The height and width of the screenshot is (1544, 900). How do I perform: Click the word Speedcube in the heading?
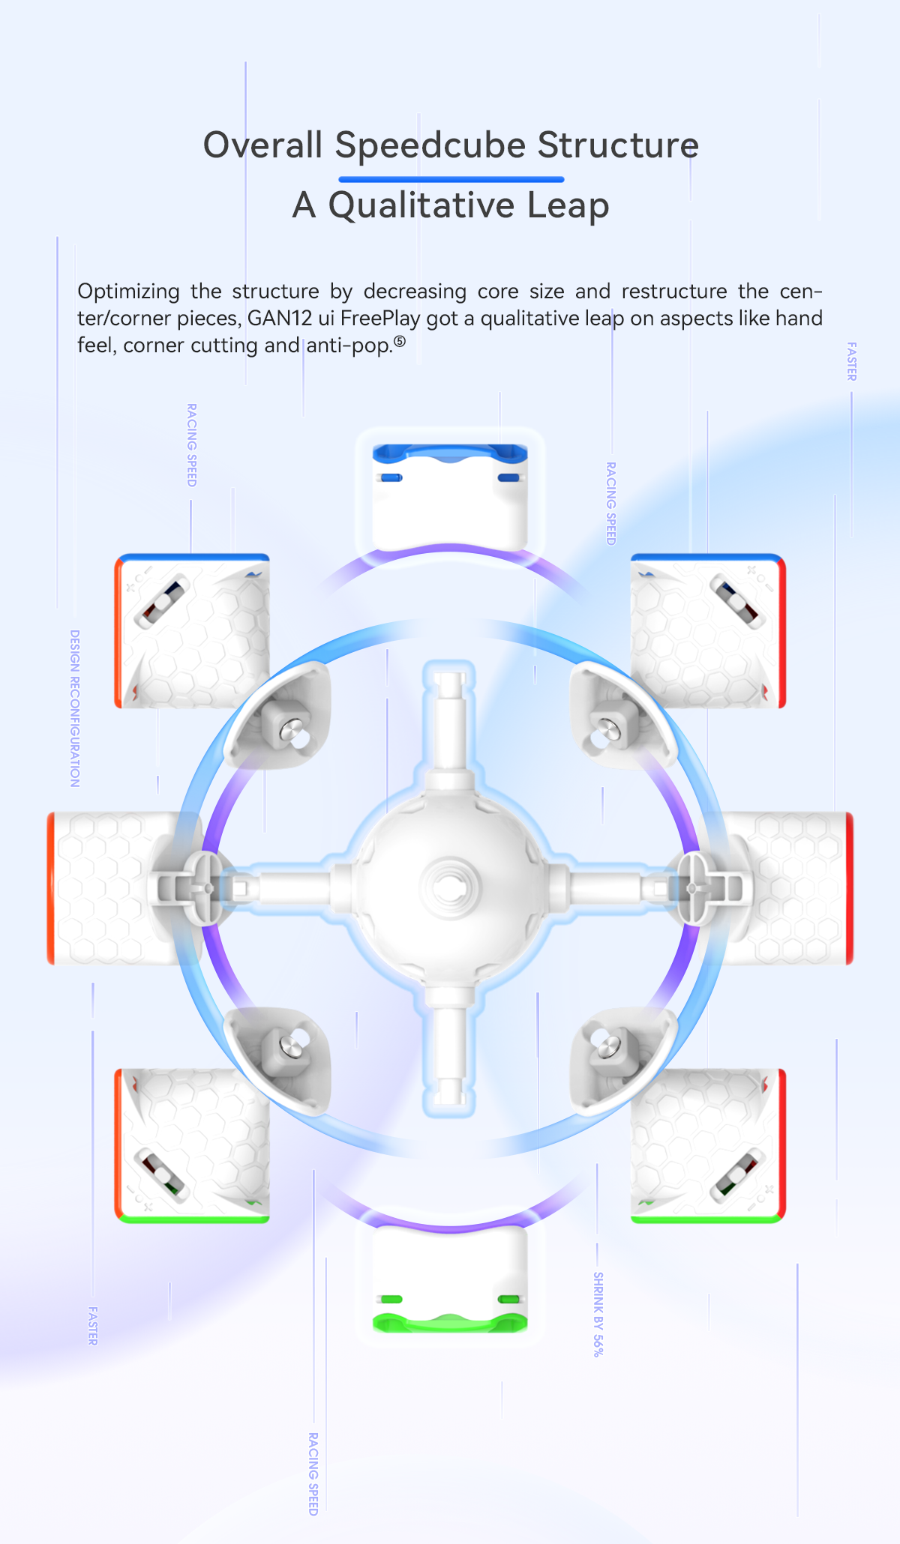[430, 146]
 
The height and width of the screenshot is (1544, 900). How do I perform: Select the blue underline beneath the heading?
[451, 179]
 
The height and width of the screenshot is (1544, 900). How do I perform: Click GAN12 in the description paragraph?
[280, 319]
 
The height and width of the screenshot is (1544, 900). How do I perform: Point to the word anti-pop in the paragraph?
[349, 346]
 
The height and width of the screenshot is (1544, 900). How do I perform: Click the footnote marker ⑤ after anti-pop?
[400, 342]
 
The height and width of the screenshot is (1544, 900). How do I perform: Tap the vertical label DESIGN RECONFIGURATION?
[75, 708]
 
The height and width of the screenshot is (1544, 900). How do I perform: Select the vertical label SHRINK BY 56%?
[598, 1314]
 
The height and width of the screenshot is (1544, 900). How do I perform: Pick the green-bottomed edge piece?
[450, 1280]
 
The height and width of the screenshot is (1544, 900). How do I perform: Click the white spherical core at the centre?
[450, 888]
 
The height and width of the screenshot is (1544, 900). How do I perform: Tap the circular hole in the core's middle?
[449, 889]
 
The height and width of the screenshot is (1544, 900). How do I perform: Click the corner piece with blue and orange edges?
[192, 631]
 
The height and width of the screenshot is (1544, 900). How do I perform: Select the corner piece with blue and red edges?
[708, 631]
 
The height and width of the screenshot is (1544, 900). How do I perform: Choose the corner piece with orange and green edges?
[192, 1146]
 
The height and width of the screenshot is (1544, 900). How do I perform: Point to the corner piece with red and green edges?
[708, 1146]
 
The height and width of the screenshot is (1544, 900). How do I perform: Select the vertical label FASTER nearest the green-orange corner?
[93, 1325]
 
